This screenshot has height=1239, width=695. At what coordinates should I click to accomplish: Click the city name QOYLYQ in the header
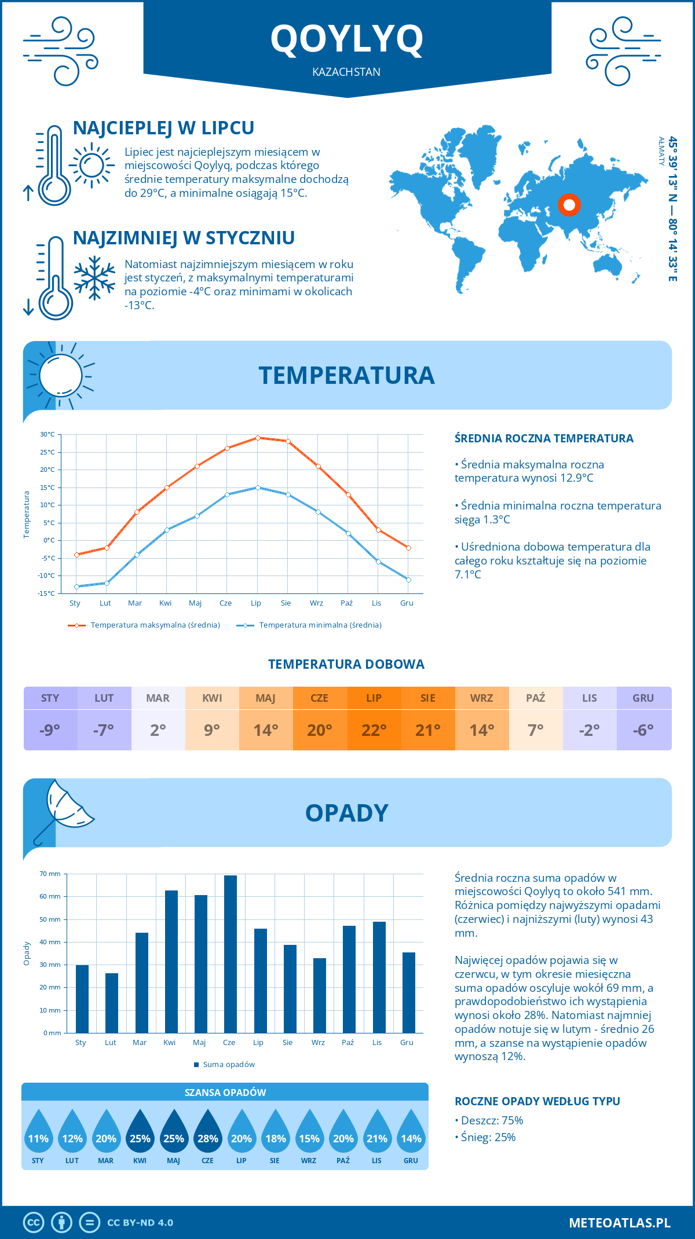[347, 39]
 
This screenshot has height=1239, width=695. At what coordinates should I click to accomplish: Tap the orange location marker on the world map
[569, 204]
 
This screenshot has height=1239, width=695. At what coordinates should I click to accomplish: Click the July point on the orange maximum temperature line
[258, 438]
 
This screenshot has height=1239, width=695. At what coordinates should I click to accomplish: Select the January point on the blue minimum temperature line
[76, 586]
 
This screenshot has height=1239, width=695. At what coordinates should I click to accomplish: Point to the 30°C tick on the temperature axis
[47, 434]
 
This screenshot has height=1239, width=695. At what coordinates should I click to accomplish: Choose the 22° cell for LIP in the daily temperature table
[374, 730]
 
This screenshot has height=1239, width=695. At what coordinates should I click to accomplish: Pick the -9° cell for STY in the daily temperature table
[50, 730]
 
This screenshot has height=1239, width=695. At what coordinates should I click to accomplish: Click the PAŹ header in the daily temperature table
[536, 698]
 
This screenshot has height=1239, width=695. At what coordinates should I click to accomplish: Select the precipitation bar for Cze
[231, 954]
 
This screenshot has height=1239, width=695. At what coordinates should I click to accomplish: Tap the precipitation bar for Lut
[112, 1003]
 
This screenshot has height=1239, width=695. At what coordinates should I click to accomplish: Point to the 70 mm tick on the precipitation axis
[50, 874]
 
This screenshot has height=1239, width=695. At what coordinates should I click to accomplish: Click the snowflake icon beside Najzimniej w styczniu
[94, 277]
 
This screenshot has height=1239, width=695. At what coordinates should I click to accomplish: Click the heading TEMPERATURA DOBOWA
[346, 664]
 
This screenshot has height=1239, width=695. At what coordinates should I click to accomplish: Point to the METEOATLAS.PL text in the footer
[619, 1223]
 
